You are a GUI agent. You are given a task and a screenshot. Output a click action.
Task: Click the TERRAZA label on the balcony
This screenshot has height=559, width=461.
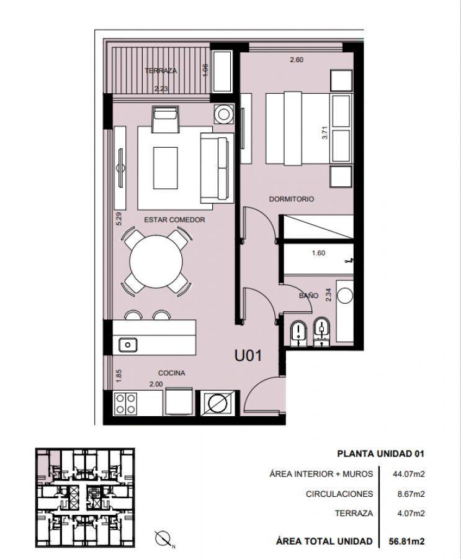pyautogui.click(x=161, y=71)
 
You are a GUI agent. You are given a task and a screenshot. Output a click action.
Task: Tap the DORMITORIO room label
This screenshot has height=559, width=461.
pyautogui.click(x=292, y=199)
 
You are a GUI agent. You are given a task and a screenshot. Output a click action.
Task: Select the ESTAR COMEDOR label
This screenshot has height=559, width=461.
pyautogui.click(x=174, y=220)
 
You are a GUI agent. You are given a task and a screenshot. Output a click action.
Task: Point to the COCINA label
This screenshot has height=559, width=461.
pyautogui.click(x=172, y=373)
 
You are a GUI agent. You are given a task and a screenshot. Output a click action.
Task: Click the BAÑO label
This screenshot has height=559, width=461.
pyautogui.click(x=308, y=295)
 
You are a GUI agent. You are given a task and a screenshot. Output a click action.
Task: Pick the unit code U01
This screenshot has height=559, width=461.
pyautogui.click(x=248, y=355)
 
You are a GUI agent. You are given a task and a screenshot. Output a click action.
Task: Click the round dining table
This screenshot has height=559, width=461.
pyautogui.click(x=156, y=261)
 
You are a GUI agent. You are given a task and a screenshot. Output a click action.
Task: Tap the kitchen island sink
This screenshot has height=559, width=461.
pyautogui.click(x=128, y=345)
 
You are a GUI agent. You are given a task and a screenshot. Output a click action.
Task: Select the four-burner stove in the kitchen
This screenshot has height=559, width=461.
pyautogui.click(x=126, y=404)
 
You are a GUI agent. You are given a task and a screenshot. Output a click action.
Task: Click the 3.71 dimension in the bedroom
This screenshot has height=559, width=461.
pyautogui.click(x=324, y=132)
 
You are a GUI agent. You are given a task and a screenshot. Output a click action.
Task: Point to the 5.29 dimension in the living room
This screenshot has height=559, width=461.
pyautogui.click(x=119, y=219)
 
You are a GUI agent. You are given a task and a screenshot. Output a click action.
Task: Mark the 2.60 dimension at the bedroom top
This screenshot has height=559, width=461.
pyautogui.click(x=297, y=60)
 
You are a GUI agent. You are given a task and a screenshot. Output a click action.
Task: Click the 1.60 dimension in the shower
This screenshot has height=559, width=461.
pyautogui.click(x=318, y=253)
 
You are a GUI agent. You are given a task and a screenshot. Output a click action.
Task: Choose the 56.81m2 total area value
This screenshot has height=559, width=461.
pyautogui.click(x=406, y=541)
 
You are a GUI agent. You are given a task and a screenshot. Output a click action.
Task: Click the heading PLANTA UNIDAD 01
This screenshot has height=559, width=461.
pyautogui.click(x=380, y=454)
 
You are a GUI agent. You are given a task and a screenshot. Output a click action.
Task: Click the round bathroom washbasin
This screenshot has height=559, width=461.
pyautogui.click(x=344, y=296)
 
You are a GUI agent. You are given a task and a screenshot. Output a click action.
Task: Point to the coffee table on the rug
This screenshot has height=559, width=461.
pyautogui.click(x=165, y=168)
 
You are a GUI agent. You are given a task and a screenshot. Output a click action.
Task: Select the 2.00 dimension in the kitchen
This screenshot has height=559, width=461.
pyautogui.click(x=156, y=384)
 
